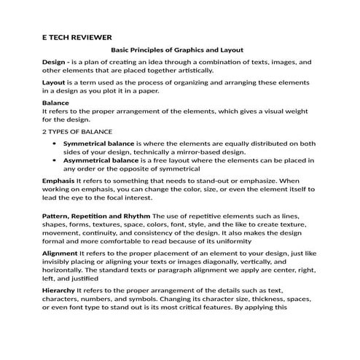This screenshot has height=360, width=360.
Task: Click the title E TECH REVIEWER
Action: pos(77,36)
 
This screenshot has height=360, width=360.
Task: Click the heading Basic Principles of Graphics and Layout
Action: pos(176,50)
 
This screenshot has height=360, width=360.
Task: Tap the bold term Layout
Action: pos(55,84)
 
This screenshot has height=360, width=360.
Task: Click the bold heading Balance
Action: pos(55,103)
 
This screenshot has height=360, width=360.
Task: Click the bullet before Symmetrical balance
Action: pos(56,144)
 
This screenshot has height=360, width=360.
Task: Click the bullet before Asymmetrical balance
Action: pos(56,160)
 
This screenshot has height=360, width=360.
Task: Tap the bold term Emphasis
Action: pos(58,179)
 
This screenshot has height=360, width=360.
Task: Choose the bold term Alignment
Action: pos(60,251)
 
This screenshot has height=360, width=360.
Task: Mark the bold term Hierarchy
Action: pos(59,290)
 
